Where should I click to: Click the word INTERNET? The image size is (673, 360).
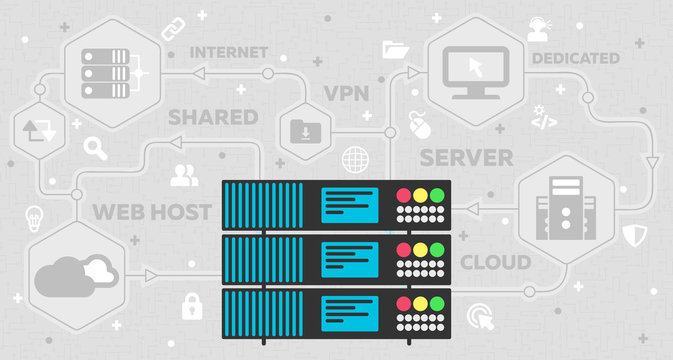(228, 51)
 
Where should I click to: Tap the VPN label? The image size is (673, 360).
(347, 94)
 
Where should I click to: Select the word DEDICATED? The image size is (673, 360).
(575, 58)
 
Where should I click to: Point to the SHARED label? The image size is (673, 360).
(213, 117)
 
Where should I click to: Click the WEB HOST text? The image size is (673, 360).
(152, 212)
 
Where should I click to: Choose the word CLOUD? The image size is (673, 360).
(494, 263)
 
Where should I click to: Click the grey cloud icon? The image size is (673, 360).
(76, 275)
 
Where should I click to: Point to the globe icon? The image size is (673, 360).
(354, 159)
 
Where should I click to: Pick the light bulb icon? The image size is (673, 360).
(34, 216)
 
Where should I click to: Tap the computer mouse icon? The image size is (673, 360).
(418, 124)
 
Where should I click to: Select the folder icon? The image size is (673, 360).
(394, 47)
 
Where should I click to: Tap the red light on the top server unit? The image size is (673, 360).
(404, 196)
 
